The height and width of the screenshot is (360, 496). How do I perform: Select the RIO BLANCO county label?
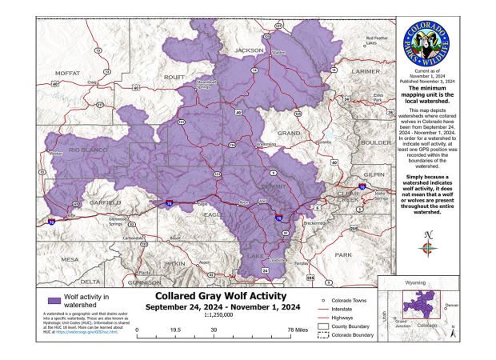tap(88, 150)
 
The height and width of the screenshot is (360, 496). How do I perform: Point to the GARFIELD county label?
tap(105, 202)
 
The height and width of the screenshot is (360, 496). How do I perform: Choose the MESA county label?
tap(70, 259)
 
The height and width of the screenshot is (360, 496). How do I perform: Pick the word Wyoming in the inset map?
tap(414, 282)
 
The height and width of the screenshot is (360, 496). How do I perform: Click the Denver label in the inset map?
tap(452, 306)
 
